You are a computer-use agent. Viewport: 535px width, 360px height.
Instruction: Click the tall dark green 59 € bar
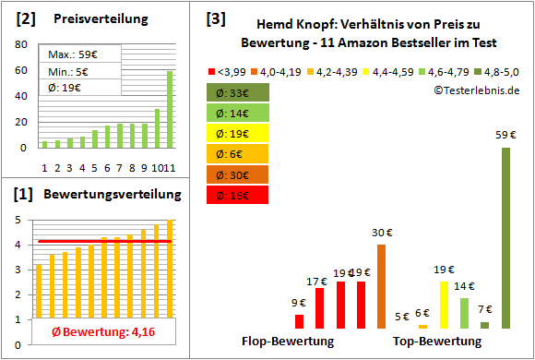[x=505, y=238]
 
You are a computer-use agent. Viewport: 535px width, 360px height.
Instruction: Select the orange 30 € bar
[x=381, y=286]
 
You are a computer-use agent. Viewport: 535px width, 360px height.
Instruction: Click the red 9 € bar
[x=299, y=321]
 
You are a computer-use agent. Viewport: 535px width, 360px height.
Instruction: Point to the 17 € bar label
[x=318, y=281]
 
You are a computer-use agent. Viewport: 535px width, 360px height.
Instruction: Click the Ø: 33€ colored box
[x=238, y=93]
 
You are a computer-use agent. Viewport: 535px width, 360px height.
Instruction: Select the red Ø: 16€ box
[x=238, y=195]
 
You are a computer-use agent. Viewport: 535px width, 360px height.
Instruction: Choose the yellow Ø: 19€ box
[x=238, y=134]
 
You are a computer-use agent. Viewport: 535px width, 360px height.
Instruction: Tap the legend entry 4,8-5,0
[x=504, y=71]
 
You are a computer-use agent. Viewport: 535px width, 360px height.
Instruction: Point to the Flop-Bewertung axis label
[x=288, y=342]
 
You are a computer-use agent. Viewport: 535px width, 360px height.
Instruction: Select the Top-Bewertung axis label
[x=437, y=342]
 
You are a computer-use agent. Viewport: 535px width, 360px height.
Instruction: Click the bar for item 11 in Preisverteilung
[x=170, y=109]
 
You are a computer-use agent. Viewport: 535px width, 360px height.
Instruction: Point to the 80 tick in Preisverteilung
[x=23, y=42]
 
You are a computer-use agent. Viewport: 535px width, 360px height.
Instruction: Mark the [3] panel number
[x=216, y=18]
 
